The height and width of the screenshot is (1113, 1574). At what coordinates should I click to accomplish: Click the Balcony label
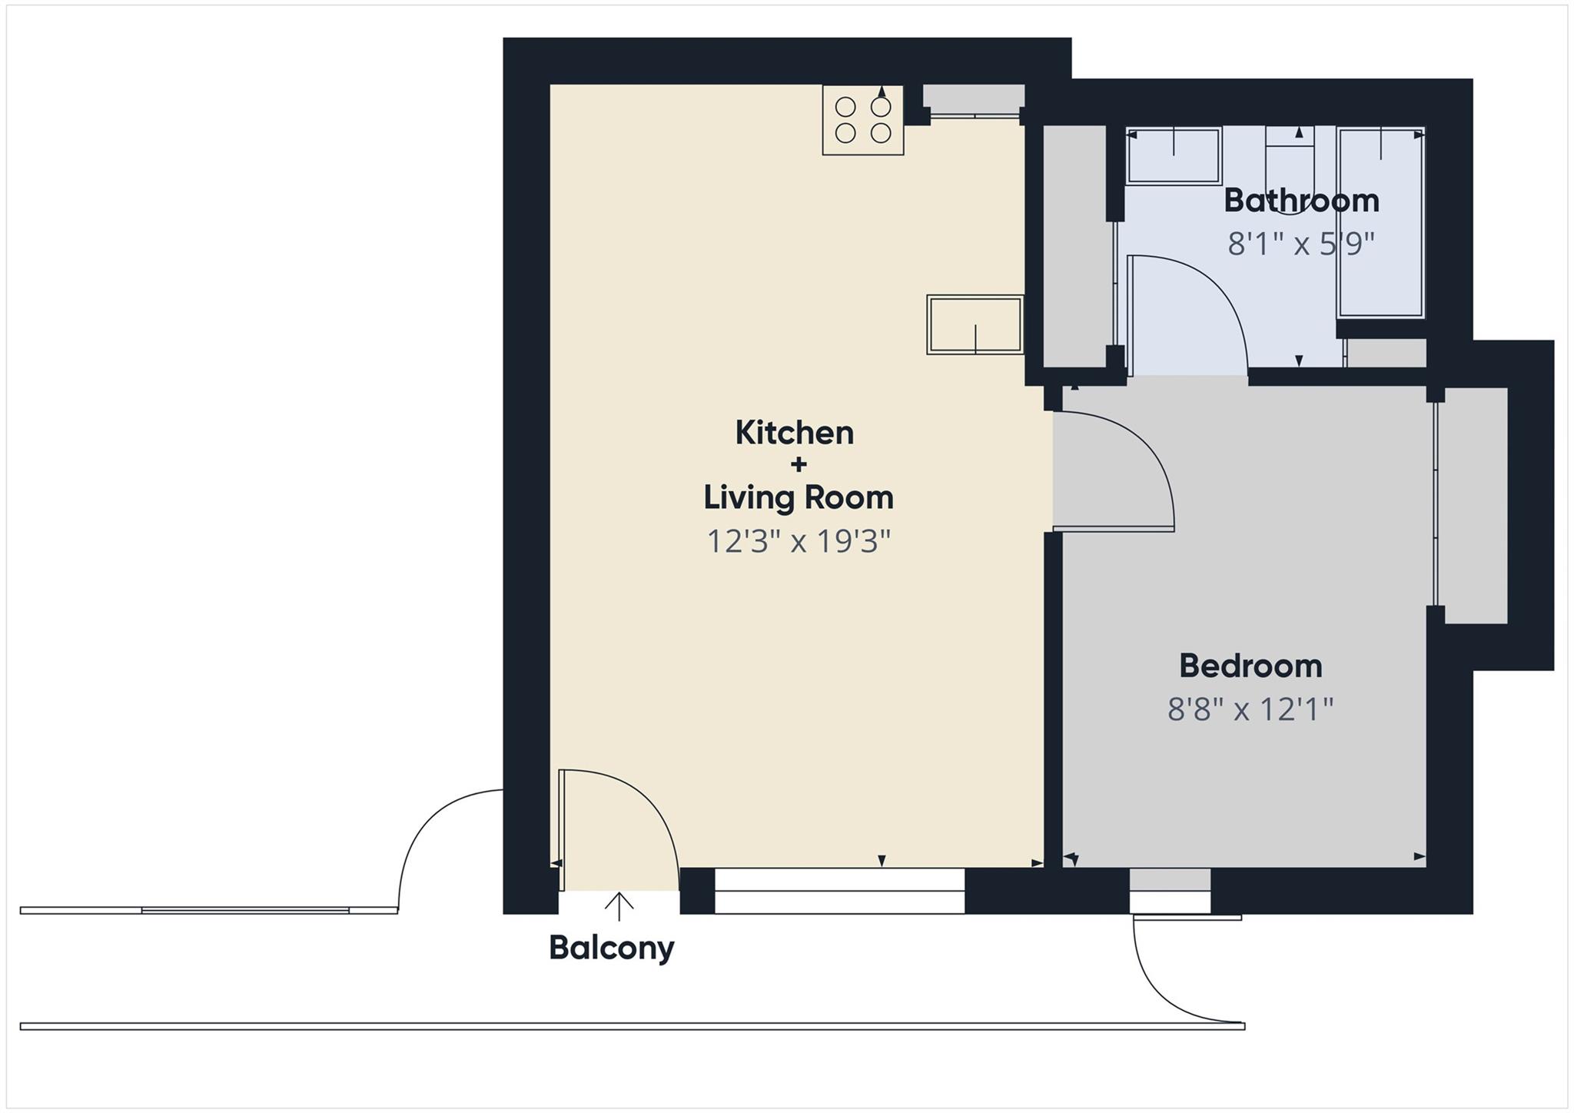(x=611, y=948)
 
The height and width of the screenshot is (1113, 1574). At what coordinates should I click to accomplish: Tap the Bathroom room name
(x=1300, y=201)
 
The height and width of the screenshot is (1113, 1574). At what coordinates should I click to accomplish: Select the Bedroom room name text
(x=1250, y=666)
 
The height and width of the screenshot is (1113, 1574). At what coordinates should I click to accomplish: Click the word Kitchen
(x=794, y=433)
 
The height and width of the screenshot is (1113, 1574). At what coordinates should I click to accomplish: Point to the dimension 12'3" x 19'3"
(x=798, y=542)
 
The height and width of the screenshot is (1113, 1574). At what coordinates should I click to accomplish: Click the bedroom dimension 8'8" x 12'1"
(x=1250, y=709)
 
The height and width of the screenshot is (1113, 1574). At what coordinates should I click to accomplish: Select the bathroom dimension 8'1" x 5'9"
(x=1300, y=244)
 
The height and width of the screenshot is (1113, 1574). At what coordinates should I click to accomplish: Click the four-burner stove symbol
(x=862, y=120)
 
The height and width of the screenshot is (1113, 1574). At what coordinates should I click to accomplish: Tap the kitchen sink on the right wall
(x=975, y=324)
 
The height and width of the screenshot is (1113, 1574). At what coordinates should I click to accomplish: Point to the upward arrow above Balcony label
(x=619, y=905)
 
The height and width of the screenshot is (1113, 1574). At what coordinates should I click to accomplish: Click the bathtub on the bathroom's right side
(x=1381, y=223)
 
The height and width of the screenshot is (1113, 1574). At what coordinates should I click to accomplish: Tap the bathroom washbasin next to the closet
(x=1173, y=156)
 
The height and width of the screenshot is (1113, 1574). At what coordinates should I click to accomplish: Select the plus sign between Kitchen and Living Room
(x=798, y=464)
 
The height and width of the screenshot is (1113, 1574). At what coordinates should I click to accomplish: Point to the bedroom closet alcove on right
(x=1472, y=505)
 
